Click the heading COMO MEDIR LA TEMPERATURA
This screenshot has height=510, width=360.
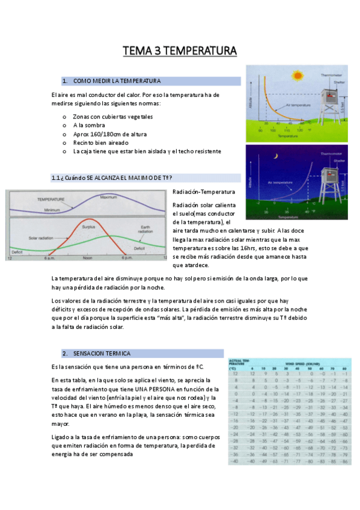[x=117, y=81]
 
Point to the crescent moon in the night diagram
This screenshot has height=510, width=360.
[x=276, y=156]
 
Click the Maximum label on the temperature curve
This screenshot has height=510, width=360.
[x=108, y=197]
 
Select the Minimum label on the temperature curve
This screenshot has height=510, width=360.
[x=53, y=210]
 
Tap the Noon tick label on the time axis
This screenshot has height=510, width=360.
[x=88, y=258]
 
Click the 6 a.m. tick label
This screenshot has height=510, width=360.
[x=49, y=258]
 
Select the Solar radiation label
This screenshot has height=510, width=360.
[x=42, y=238]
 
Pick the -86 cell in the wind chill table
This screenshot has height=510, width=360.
[x=344, y=461]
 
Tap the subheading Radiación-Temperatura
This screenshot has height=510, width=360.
[x=204, y=192]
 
